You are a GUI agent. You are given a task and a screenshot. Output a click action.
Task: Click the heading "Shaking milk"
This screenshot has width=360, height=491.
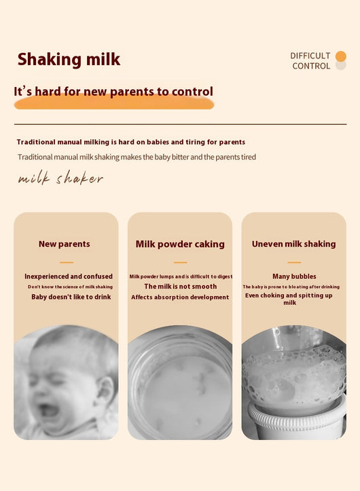point(69,60)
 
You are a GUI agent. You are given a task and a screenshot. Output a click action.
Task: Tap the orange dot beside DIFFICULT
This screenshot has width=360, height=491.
point(340,56)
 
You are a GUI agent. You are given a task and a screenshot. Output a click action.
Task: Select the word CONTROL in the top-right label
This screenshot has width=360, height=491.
point(311,66)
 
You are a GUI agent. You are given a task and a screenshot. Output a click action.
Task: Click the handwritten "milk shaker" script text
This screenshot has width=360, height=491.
point(60,178)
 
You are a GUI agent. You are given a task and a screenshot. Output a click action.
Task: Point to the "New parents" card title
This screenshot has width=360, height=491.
point(65,244)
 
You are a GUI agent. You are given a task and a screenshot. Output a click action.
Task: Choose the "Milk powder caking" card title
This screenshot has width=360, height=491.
point(180,244)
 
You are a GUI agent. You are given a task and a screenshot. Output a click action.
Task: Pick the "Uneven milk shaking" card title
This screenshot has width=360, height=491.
point(293,244)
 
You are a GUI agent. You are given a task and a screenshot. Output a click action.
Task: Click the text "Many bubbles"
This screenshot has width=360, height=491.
point(294,276)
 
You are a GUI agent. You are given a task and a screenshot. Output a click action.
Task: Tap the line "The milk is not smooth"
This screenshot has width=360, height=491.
point(181,287)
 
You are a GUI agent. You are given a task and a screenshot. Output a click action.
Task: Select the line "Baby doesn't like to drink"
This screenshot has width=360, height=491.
point(71,297)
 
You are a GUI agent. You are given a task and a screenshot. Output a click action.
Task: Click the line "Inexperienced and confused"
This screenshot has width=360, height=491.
point(69,276)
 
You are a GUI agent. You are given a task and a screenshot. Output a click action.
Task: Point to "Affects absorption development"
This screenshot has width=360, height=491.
point(180,297)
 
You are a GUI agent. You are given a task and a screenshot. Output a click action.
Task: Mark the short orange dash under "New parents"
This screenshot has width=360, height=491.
point(67,262)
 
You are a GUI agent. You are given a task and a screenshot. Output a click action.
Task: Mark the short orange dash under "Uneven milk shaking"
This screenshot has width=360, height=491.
point(294,262)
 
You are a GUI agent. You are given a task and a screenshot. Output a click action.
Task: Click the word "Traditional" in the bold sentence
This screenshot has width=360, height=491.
point(36,142)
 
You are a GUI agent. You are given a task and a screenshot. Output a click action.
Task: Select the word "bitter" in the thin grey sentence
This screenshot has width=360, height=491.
point(180,157)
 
